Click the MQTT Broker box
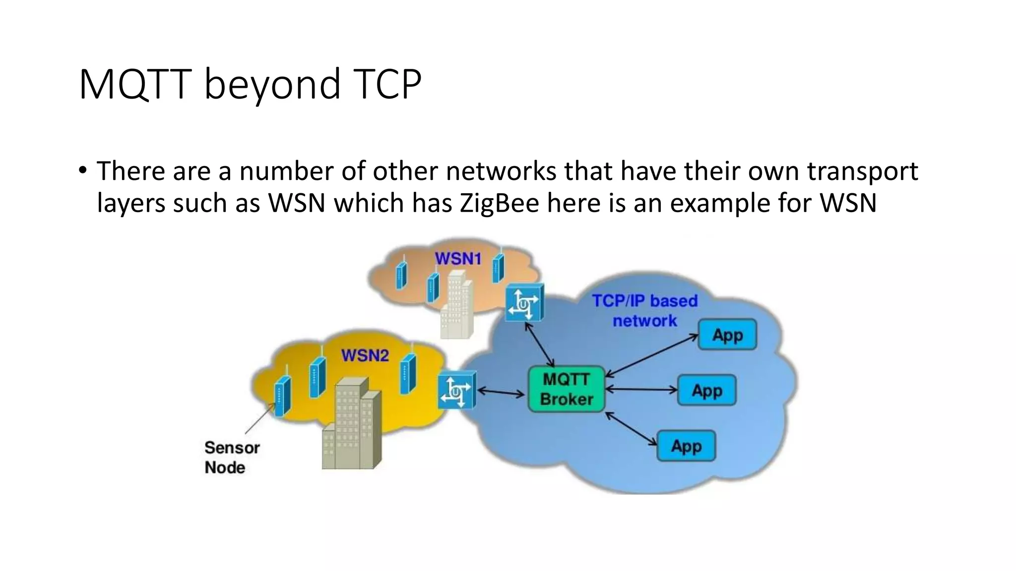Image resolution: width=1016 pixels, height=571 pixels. click(x=567, y=389)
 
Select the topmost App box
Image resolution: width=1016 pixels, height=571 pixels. click(x=727, y=335)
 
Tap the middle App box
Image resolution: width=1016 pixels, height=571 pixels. click(x=707, y=391)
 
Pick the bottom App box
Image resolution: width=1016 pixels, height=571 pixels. click(x=686, y=446)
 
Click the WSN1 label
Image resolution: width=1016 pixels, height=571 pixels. click(x=458, y=258)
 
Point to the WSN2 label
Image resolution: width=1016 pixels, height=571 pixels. click(x=365, y=355)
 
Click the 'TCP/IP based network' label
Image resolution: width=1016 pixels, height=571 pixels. click(x=644, y=311)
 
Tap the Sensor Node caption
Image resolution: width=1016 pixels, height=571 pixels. click(x=231, y=457)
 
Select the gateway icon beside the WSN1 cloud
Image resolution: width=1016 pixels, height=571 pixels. click(x=524, y=302)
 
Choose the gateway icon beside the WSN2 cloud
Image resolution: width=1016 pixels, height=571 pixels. click(x=457, y=391)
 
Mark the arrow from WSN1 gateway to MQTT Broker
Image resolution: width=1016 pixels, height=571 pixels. click(x=540, y=344)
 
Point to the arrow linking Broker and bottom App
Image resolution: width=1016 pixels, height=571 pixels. click(x=631, y=429)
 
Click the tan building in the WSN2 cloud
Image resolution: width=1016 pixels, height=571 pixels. click(x=352, y=424)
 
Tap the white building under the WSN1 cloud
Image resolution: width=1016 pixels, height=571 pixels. click(x=457, y=305)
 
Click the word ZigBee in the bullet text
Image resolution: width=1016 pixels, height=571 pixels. click(x=499, y=203)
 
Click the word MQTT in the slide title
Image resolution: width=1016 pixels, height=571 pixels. click(x=135, y=84)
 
